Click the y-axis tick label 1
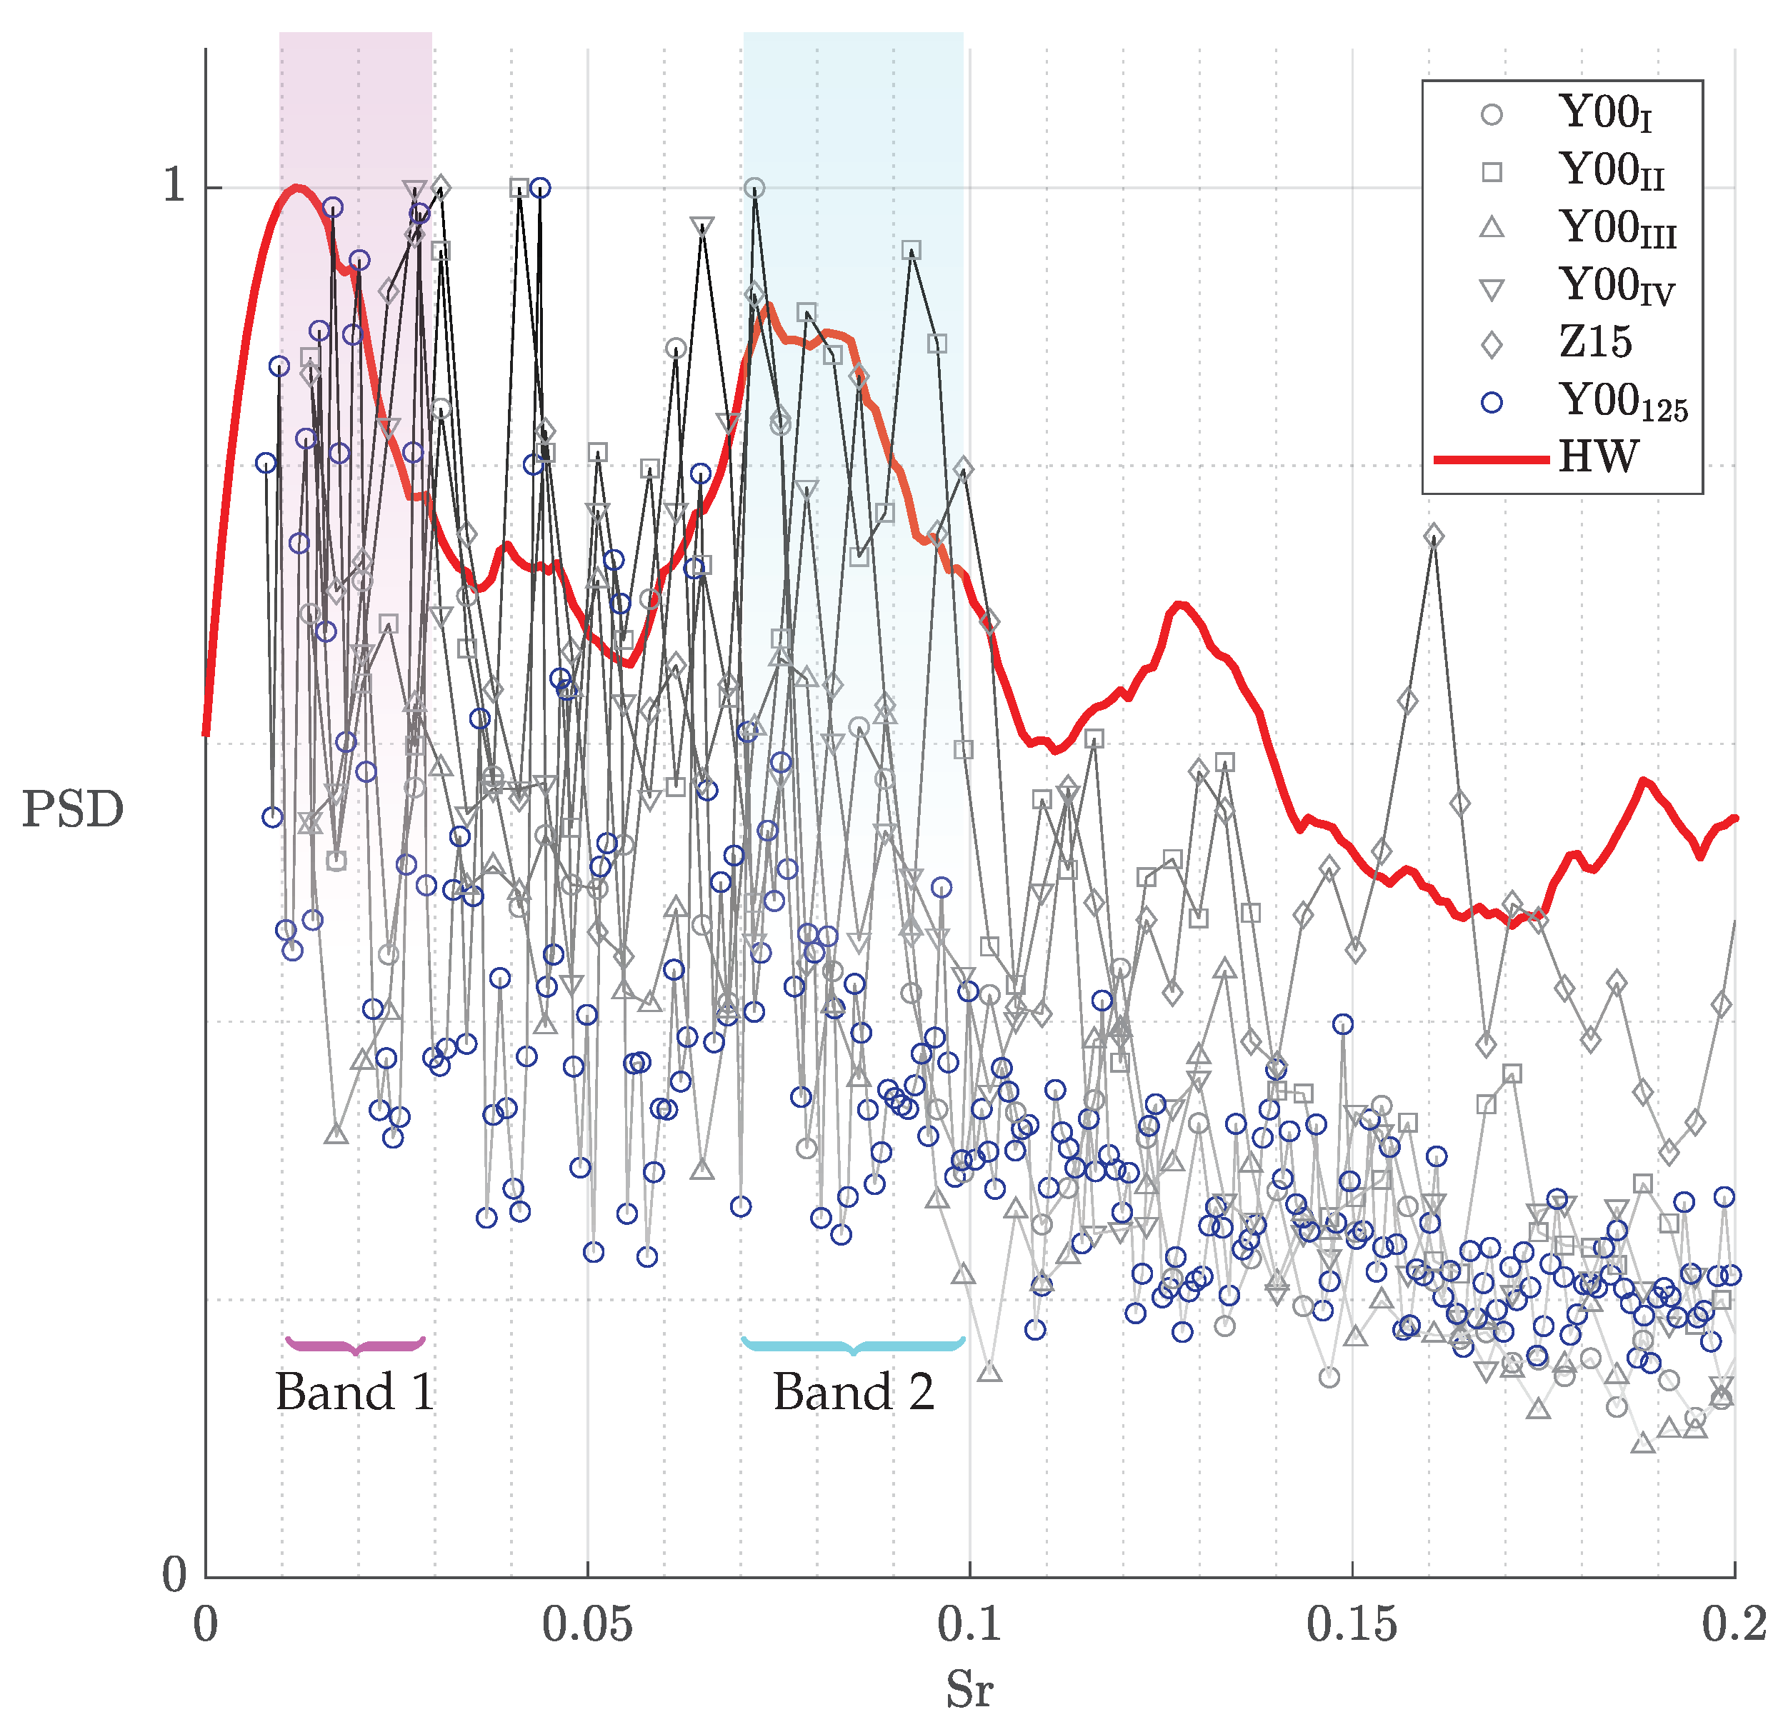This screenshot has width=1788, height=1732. pyautogui.click(x=174, y=186)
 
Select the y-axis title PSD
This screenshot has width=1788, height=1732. pyautogui.click(x=72, y=810)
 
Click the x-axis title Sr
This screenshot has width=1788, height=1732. pyautogui.click(x=969, y=1688)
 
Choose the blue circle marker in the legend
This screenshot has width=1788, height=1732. pyautogui.click(x=1492, y=402)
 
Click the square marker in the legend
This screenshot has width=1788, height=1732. pyautogui.click(x=1492, y=171)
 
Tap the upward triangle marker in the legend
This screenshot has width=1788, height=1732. pyautogui.click(x=1492, y=228)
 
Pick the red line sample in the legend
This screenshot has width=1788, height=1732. pyautogui.click(x=1492, y=459)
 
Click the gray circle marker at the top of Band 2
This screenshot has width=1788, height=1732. pyautogui.click(x=754, y=189)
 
